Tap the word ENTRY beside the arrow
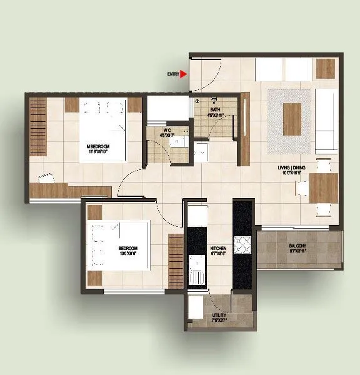click(x=173, y=74)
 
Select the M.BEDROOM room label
click(x=98, y=148)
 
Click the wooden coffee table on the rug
click(x=292, y=119)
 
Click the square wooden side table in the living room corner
click(x=325, y=68)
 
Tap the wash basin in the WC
click(x=179, y=141)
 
